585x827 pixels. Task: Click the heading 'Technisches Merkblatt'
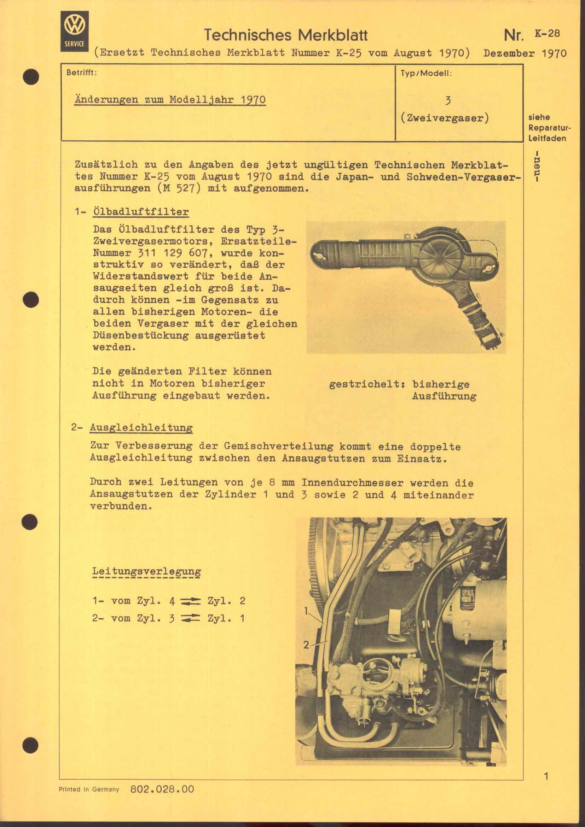pos(286,35)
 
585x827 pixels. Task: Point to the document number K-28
pos(547,33)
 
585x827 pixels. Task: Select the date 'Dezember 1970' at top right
pos(525,53)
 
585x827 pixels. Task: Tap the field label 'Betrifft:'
pos(82,72)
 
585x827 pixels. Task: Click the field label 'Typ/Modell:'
pos(426,73)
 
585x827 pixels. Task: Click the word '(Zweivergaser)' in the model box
pos(445,118)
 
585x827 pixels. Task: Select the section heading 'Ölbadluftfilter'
pos(140,211)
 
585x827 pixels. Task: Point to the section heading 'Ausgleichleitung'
pos(141,427)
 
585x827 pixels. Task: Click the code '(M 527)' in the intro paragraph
pos(179,188)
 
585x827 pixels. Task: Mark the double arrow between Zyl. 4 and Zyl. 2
pos(190,601)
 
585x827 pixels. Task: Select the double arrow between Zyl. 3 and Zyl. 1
pos(190,619)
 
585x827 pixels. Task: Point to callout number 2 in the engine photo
pos(306,645)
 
